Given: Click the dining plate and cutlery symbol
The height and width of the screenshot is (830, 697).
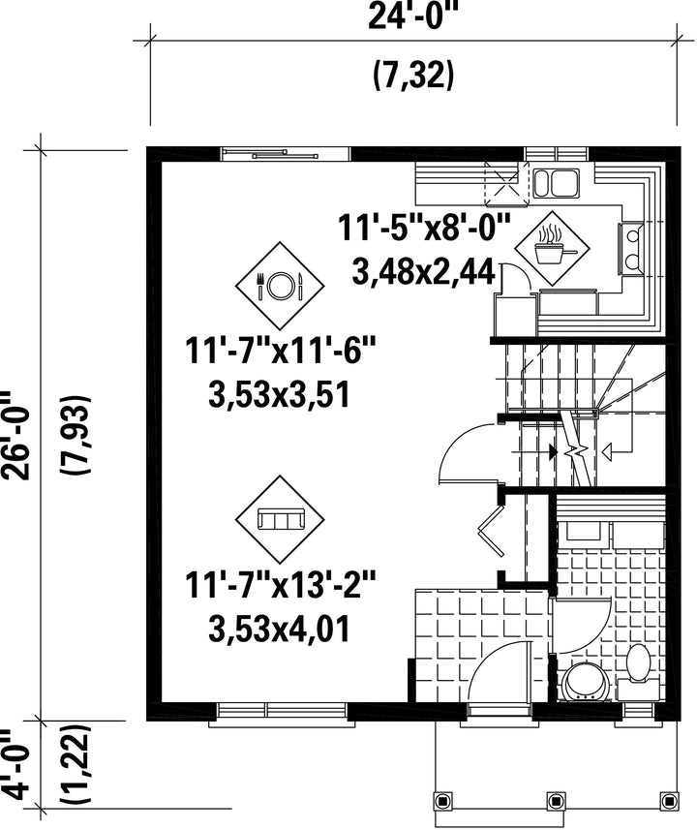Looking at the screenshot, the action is [x=280, y=286].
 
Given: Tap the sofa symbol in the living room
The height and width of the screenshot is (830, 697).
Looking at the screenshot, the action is [x=280, y=519].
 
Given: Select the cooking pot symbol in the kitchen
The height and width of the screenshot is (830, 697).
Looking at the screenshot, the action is [x=553, y=250].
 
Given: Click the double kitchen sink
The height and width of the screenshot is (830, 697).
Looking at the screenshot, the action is [x=555, y=183].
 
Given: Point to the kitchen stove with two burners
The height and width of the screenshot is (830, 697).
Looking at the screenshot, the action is [x=630, y=249].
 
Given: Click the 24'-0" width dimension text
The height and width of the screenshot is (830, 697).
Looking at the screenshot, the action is [x=412, y=16].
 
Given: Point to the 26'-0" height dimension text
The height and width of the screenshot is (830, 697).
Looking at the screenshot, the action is [x=16, y=435].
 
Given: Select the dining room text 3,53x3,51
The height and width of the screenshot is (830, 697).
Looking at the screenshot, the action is [x=280, y=395].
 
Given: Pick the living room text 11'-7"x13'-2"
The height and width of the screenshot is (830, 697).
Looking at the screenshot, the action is [x=280, y=585].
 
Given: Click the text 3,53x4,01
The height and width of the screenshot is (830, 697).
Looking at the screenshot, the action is [x=280, y=629].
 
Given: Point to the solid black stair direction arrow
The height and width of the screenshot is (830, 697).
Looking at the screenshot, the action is [x=553, y=451].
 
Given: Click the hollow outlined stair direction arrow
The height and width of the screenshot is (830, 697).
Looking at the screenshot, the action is [x=607, y=451].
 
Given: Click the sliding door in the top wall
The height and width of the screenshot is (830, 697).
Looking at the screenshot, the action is [x=285, y=154].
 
